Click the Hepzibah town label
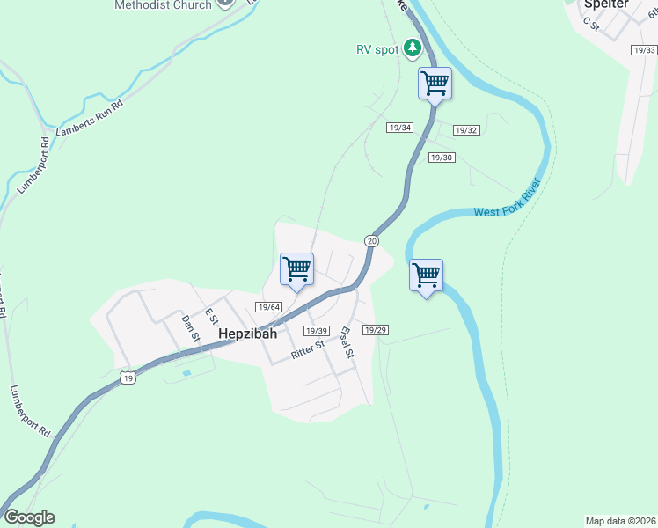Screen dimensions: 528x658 [247, 334]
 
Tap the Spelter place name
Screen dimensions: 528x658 [607, 4]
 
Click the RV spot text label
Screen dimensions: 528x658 [377, 50]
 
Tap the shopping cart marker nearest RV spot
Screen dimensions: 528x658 [435, 84]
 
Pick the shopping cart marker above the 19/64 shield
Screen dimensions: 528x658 [296, 268]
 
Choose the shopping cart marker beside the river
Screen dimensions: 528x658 [426, 275]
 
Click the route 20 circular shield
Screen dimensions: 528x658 [372, 240]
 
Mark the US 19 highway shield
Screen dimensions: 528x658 [128, 378]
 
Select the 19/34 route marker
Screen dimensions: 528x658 [399, 128]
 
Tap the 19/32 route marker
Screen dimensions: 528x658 [466, 130]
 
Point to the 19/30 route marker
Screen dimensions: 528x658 [442, 158]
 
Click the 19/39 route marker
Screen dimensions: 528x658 [316, 330]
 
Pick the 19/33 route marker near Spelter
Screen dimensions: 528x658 [644, 50]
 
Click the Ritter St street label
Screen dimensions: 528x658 [308, 350]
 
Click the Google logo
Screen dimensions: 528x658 [28, 517]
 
